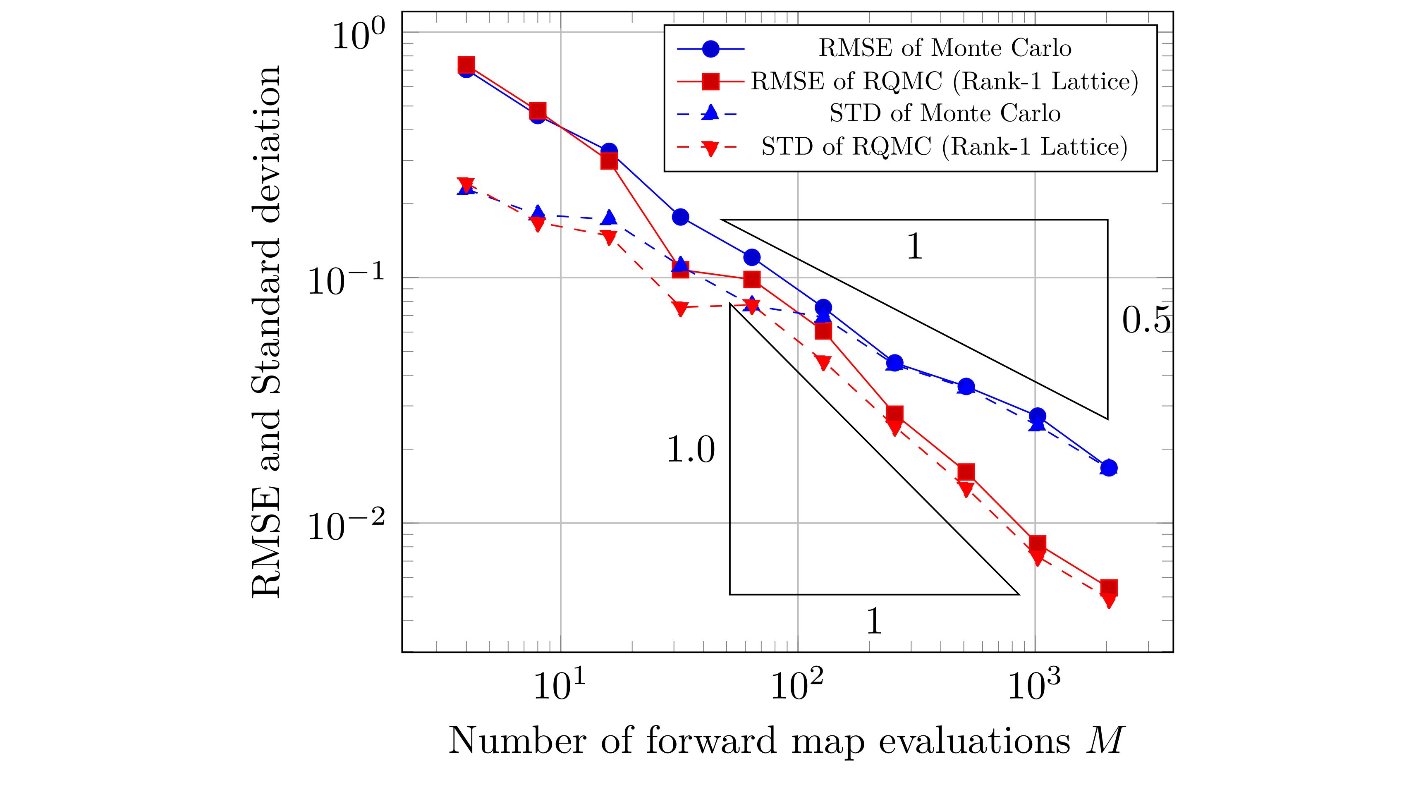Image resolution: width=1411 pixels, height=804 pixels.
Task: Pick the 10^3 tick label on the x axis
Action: (1033, 687)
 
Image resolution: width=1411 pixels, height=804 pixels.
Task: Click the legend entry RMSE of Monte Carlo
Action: (945, 48)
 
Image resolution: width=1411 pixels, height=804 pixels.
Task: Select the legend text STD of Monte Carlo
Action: (945, 114)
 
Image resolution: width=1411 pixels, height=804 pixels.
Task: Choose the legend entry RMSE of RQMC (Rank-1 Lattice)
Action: (945, 82)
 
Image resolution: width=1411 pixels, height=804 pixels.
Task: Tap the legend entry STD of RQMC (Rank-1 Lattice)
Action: (945, 147)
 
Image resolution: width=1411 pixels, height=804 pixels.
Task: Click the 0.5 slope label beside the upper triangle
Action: (1146, 322)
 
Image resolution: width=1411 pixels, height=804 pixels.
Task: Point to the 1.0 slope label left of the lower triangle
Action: (691, 450)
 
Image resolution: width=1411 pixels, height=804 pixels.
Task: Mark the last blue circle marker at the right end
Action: (1108, 468)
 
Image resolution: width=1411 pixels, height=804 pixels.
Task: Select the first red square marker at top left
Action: (466, 65)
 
